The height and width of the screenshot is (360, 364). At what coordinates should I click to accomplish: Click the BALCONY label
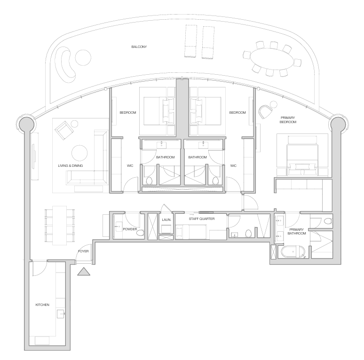coord(139,47)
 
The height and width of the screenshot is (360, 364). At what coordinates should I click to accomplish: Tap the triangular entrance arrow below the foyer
coord(84,272)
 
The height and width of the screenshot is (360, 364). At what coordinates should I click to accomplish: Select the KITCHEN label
coord(42,305)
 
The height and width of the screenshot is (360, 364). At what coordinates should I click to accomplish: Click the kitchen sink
coord(61,314)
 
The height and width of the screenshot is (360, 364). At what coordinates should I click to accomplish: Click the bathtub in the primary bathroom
coord(293,252)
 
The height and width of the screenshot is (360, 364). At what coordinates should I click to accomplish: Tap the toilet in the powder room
coord(140,233)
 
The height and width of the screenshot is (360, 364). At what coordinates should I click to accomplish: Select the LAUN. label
coord(166,219)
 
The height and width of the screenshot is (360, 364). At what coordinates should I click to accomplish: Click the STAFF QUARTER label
coord(201,219)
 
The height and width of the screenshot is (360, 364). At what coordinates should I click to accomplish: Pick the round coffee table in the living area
coord(79,153)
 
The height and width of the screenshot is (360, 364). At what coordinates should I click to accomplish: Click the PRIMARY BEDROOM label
coord(288,120)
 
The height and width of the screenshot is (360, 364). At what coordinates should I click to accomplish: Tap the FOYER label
coord(83,251)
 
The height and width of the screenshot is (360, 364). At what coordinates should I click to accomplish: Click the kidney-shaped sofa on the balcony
coord(65,65)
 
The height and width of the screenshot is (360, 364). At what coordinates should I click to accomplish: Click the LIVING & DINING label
coord(71,165)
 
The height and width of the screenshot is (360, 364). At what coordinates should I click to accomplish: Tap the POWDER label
coord(130,229)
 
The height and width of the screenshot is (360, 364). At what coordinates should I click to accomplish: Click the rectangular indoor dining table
coord(59,226)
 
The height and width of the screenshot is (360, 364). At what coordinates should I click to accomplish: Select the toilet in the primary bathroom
coord(328,221)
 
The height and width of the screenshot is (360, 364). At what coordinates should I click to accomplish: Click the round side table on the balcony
coord(83,57)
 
